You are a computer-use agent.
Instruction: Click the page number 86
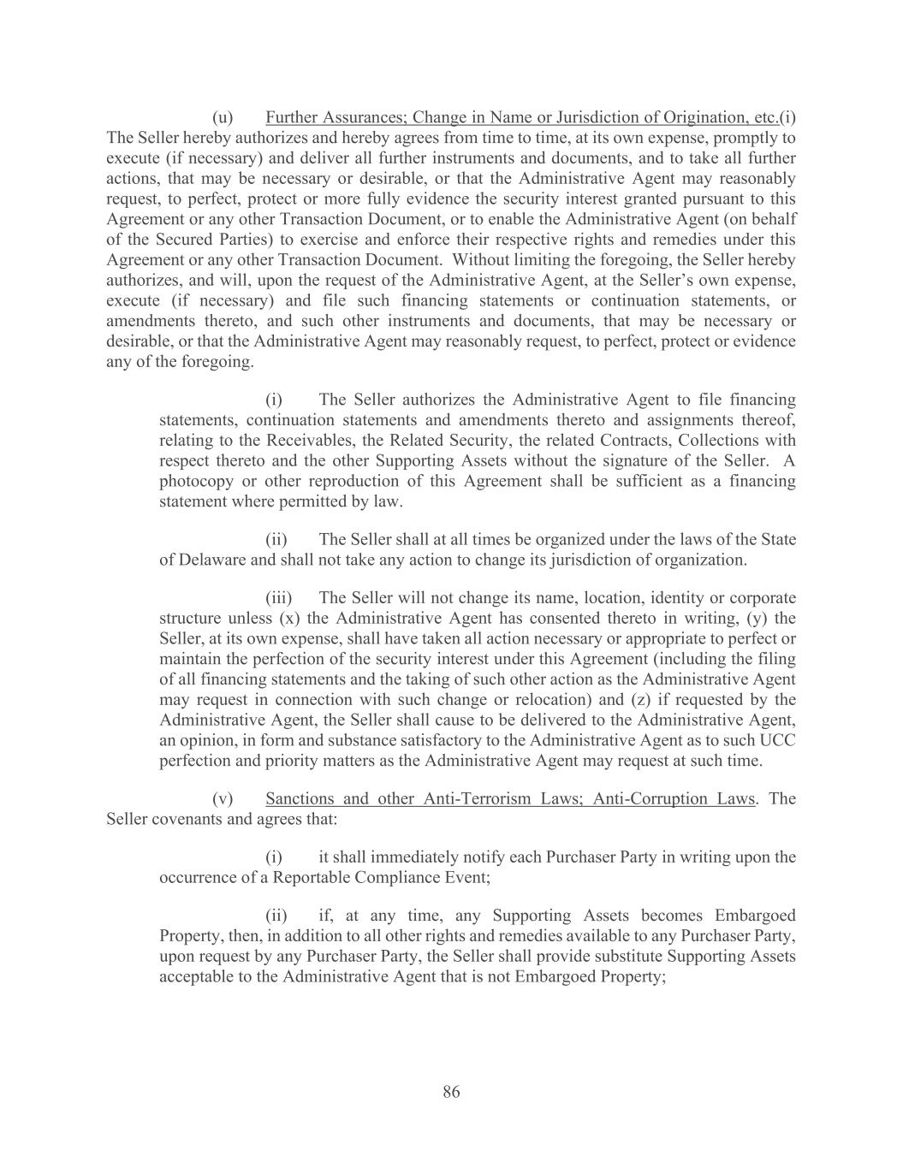click(x=451, y=1091)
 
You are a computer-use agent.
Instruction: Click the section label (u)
click(x=223, y=117)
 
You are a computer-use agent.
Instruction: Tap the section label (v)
click(x=223, y=798)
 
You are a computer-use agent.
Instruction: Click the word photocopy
click(x=196, y=481)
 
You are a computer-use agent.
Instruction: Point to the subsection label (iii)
click(x=278, y=597)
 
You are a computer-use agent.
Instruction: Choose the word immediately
click(x=397, y=857)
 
